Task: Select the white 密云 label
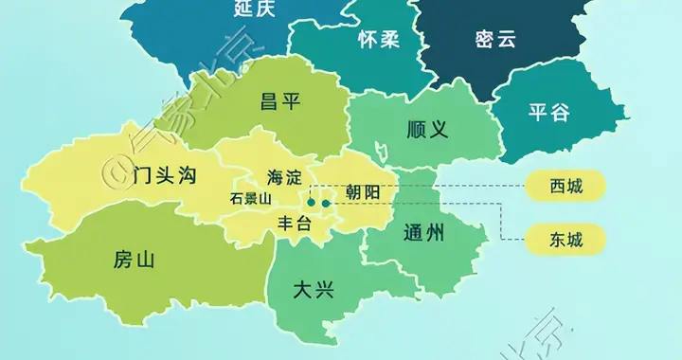(x=495, y=40)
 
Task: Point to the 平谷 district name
(x=549, y=113)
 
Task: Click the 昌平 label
(x=282, y=102)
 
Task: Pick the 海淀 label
(x=284, y=176)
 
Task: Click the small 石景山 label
(x=251, y=199)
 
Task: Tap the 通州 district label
(x=422, y=230)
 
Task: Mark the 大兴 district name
(x=314, y=289)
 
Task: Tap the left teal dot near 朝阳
(x=311, y=202)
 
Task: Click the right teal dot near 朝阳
(x=326, y=202)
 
